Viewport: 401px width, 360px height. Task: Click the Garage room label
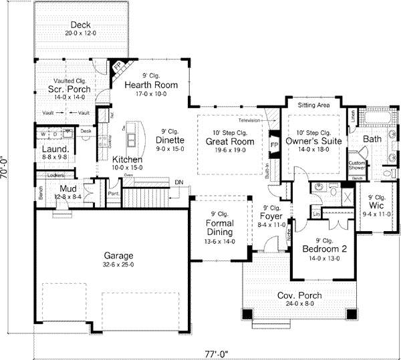pos(118,255)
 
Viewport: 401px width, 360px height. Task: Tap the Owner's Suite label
pos(313,142)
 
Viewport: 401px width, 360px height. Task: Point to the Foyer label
pos(271,216)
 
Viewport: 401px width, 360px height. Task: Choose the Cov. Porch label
pos(299,295)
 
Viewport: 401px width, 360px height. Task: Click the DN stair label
pos(178,182)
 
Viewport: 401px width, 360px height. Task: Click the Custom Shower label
pos(356,165)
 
